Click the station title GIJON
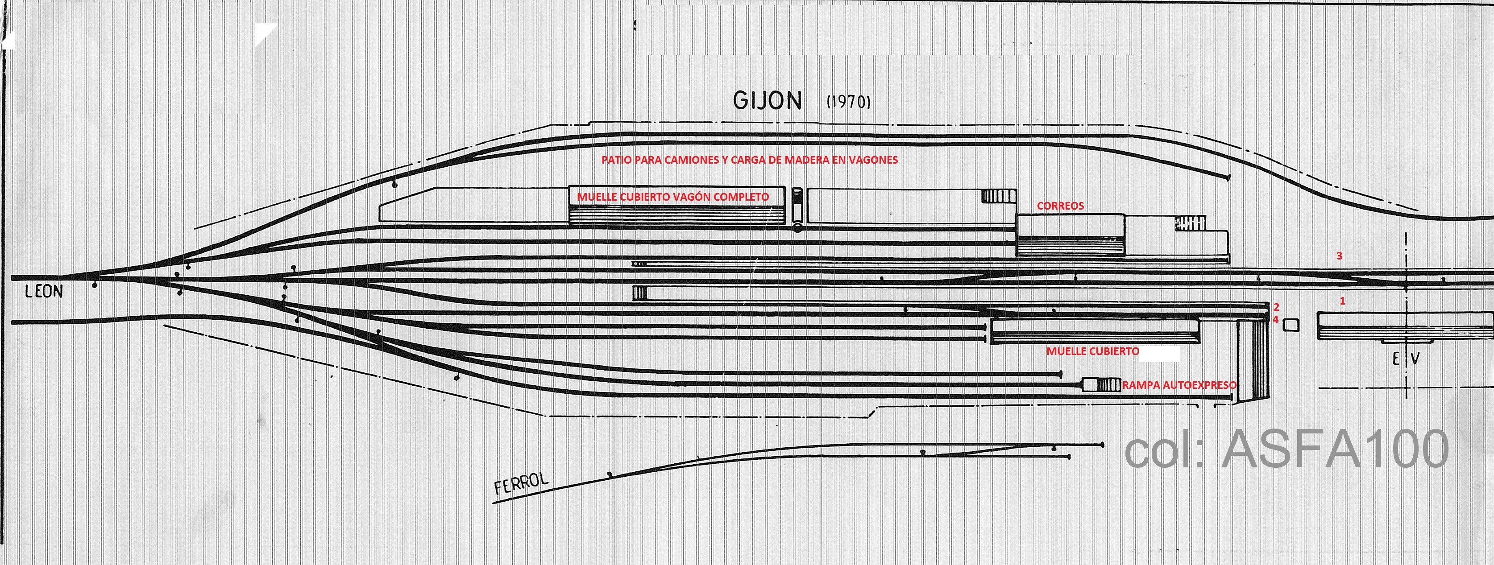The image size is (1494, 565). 767,101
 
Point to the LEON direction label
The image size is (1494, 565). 44,292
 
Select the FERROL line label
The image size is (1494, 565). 521,483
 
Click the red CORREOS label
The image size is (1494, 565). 1060,206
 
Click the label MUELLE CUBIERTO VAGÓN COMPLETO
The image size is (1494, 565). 673,197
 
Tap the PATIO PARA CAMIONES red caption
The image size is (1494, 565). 749,160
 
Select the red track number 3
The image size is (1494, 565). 1339,256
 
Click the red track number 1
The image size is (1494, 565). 1342,301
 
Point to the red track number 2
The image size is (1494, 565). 1277,307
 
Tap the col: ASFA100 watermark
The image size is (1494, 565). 1286,450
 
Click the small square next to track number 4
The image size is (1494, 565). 1291,325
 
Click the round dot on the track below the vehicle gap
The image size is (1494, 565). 797,229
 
